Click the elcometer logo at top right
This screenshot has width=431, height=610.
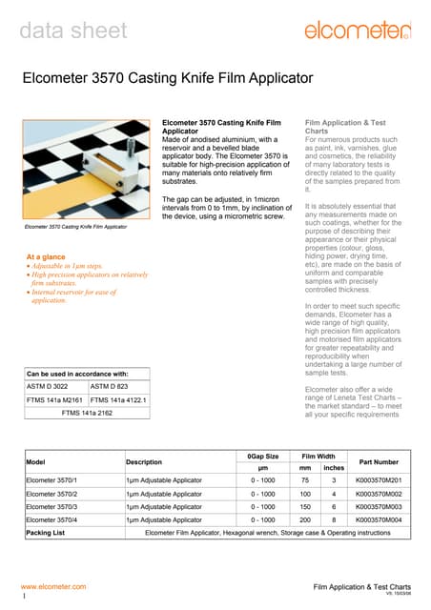pos(357,31)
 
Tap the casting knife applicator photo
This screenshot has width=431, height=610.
pos(88,171)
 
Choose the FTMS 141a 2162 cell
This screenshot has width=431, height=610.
pos(87,414)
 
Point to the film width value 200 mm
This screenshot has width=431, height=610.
pos(305,520)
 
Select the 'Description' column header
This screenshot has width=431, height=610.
pos(144,462)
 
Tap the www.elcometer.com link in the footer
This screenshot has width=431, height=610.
pos(53,586)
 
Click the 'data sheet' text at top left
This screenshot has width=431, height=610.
pos(73,30)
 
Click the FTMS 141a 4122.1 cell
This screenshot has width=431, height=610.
pos(118,400)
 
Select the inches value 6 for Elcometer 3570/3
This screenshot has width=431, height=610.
pos(335,507)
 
